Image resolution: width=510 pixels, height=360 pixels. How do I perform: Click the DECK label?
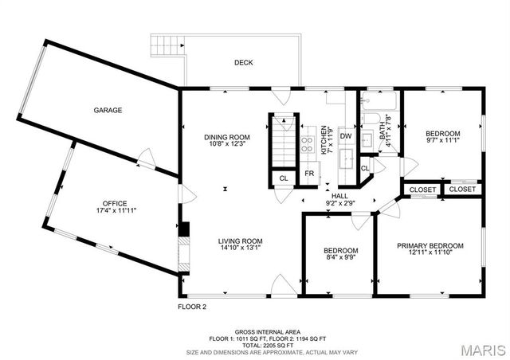[x=243, y=63]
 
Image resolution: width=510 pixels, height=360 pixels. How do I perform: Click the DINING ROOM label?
[x=227, y=137]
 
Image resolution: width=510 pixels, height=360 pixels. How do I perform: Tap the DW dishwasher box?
[x=346, y=137]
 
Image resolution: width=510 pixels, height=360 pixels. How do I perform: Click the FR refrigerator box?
[x=309, y=174]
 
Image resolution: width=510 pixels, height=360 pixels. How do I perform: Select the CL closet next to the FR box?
[x=283, y=178]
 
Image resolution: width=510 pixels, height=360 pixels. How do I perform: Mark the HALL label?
[x=340, y=195]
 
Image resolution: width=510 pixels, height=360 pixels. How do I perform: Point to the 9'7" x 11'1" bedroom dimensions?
[x=442, y=141]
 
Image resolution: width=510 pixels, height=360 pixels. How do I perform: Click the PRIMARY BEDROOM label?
[x=430, y=246]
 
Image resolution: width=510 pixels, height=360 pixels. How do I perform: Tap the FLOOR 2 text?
[x=191, y=307]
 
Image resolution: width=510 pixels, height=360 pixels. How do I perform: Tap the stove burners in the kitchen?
[x=307, y=143]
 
